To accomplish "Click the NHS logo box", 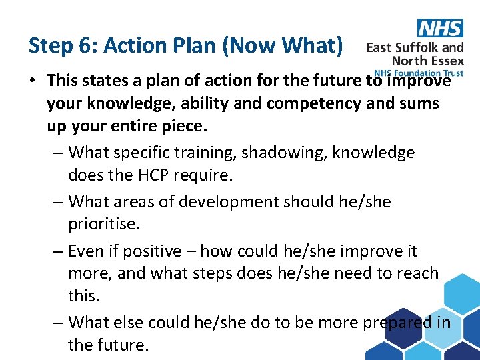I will coord(439,28).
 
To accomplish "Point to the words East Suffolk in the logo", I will coord(404,47).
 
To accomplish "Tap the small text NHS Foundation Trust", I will coord(419,73).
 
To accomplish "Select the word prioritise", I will coord(104,223).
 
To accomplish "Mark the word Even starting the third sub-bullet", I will coord(86,251).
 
